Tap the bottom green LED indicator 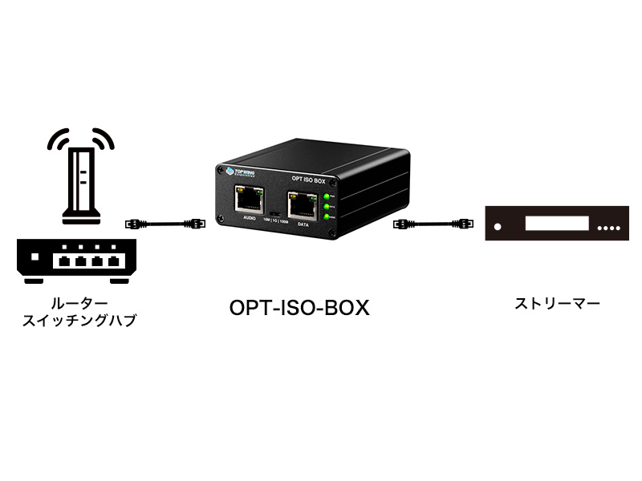[328, 216]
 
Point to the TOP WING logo [238, 171]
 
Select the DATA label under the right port [303, 225]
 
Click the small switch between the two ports [274, 211]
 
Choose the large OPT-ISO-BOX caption [299, 308]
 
